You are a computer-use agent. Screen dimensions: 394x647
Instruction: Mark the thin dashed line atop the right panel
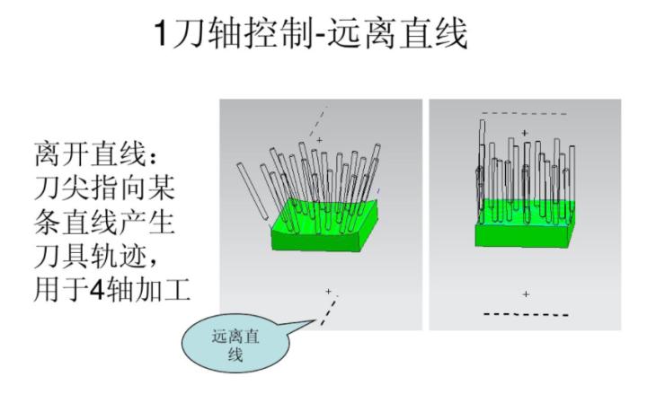pos(525,113)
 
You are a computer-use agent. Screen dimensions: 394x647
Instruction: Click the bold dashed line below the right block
pos(526,314)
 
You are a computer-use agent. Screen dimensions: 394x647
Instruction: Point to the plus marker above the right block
pos(526,133)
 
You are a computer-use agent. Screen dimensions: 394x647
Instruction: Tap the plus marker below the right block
pos(526,294)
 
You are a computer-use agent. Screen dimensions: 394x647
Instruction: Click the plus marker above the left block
pos(319,140)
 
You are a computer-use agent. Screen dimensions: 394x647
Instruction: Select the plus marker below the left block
pos(329,291)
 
